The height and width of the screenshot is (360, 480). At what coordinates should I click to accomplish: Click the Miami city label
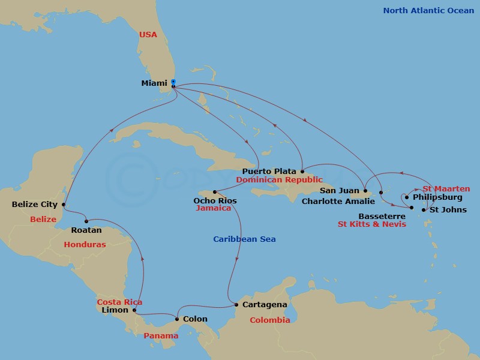[154, 83]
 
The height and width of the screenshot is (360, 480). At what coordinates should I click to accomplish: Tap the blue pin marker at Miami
[173, 82]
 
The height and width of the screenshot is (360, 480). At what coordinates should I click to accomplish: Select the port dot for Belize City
[64, 204]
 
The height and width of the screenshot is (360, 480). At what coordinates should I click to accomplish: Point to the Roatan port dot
[86, 221]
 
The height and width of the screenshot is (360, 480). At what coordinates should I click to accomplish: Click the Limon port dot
[134, 310]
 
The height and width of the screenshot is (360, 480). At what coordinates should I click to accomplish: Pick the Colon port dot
[176, 319]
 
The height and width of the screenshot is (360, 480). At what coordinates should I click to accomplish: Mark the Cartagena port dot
[236, 305]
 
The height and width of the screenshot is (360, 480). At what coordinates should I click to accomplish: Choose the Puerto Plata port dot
[302, 171]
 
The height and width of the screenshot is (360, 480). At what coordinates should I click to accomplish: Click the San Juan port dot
[365, 191]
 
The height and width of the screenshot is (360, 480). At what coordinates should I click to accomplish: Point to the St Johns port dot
[424, 210]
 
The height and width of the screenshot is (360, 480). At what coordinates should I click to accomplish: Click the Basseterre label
[379, 215]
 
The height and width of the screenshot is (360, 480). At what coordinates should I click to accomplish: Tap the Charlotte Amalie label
[338, 202]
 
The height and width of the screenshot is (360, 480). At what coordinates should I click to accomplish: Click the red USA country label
[148, 35]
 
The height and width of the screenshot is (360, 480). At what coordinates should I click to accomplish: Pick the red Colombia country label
[270, 320]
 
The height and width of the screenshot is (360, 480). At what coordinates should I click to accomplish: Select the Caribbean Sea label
[244, 239]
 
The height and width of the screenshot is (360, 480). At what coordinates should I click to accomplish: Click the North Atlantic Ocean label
[428, 10]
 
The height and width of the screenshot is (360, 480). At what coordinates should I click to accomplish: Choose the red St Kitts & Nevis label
[371, 224]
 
